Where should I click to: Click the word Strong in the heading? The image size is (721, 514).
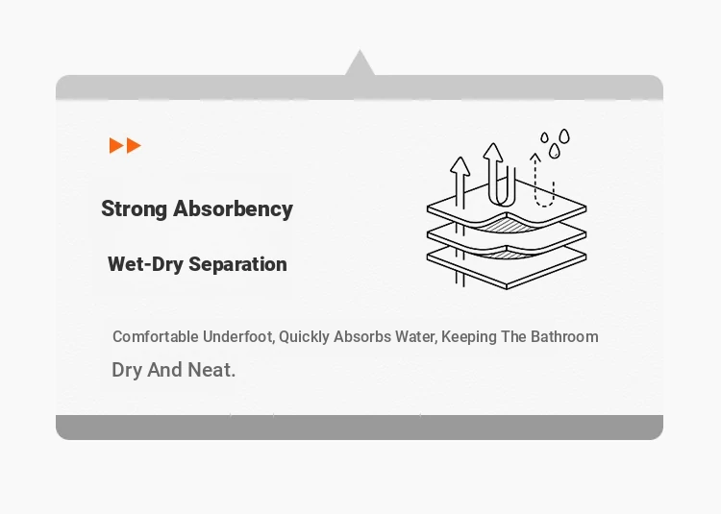click(x=134, y=209)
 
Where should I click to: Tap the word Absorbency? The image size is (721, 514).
click(x=234, y=209)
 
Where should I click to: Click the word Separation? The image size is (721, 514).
click(x=237, y=264)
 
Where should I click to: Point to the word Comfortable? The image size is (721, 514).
click(x=156, y=336)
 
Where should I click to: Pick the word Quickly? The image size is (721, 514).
click(x=304, y=337)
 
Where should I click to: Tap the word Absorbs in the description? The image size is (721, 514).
click(x=361, y=336)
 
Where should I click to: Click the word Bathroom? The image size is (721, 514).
click(x=564, y=336)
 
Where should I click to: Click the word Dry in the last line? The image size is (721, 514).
click(x=127, y=371)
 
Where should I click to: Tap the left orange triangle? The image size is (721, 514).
click(x=116, y=145)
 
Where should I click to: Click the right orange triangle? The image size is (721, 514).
click(x=134, y=145)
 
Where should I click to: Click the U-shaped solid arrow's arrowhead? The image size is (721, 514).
click(x=493, y=153)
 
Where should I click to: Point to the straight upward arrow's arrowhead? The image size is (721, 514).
click(x=460, y=166)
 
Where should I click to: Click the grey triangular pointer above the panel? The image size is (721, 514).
click(x=360, y=63)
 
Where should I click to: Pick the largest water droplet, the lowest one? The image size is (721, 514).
click(x=555, y=151)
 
